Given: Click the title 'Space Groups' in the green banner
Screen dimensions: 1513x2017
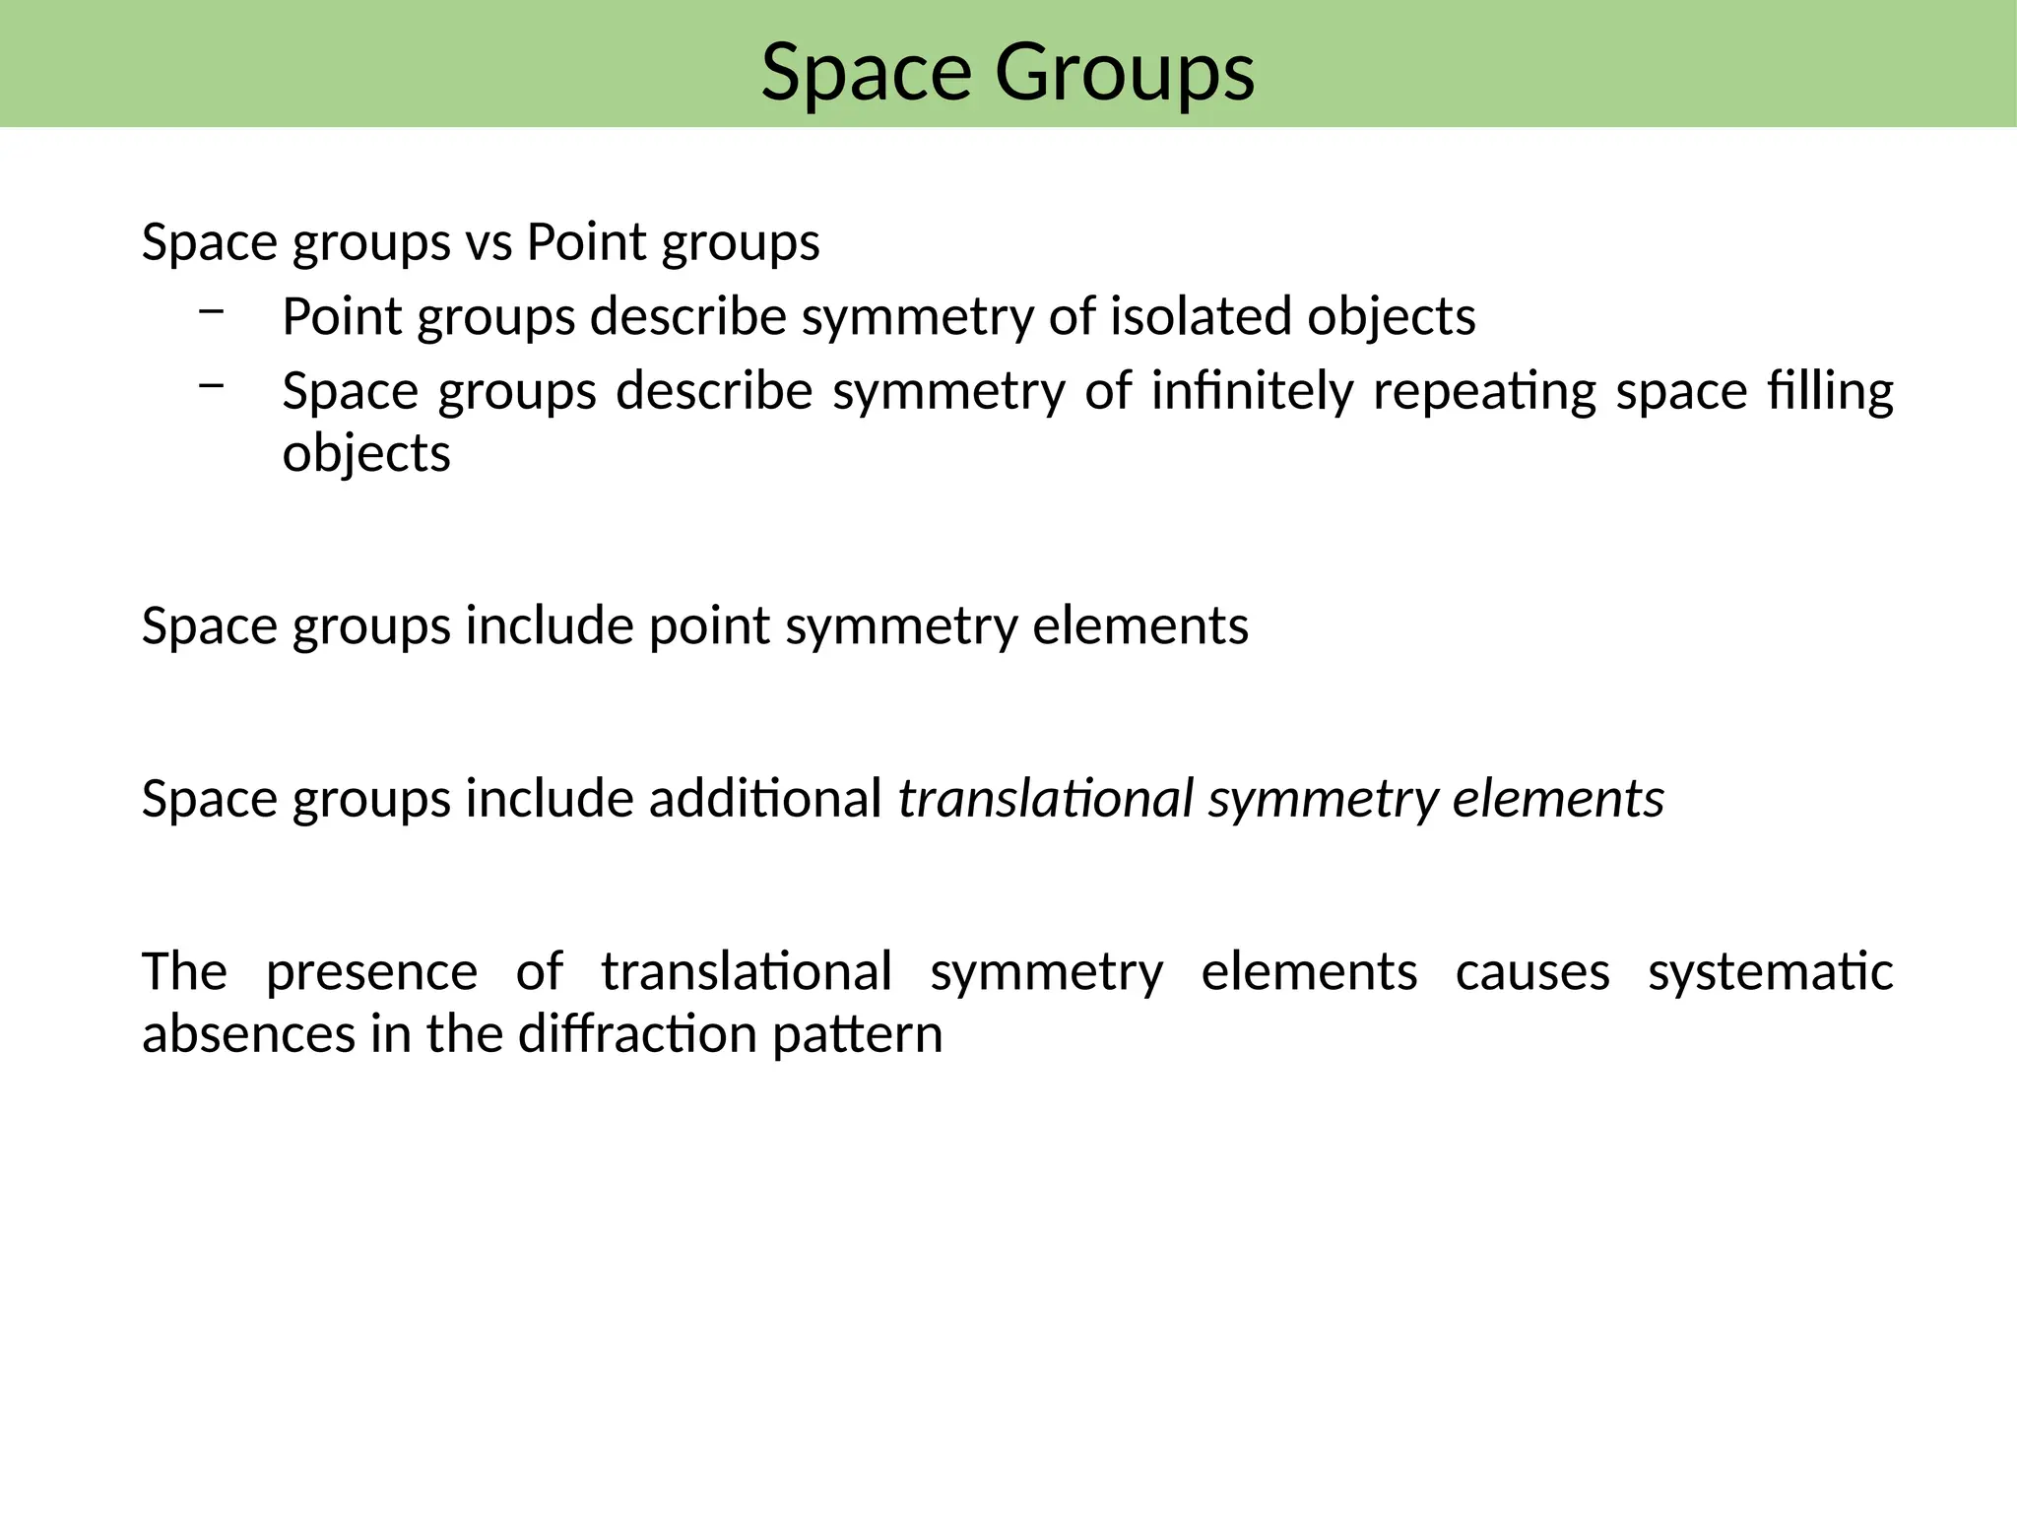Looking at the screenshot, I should pos(1008,72).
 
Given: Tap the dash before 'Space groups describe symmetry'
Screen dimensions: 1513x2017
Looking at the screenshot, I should pos(211,386).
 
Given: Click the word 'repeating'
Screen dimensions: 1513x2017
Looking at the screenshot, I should pos(1484,393).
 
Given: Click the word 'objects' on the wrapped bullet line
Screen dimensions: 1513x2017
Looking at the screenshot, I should pos(366,454).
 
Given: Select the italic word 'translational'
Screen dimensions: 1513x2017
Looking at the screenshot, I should pos(1046,798).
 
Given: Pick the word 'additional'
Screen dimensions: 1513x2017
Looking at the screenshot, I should pos(765,798).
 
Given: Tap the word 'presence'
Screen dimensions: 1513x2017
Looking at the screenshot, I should pos(371,972).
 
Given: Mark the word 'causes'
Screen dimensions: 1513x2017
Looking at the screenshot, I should pos(1532,972).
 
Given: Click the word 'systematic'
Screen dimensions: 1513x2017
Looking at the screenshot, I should pos(1770,972).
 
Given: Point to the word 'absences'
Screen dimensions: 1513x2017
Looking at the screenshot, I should pos(248,1034).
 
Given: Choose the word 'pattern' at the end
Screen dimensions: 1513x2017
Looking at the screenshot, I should pos(857,1036).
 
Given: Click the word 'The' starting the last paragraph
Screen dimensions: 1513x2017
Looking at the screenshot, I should pos(184,972).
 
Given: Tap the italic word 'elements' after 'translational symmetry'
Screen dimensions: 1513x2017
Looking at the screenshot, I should pos(1558,798).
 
